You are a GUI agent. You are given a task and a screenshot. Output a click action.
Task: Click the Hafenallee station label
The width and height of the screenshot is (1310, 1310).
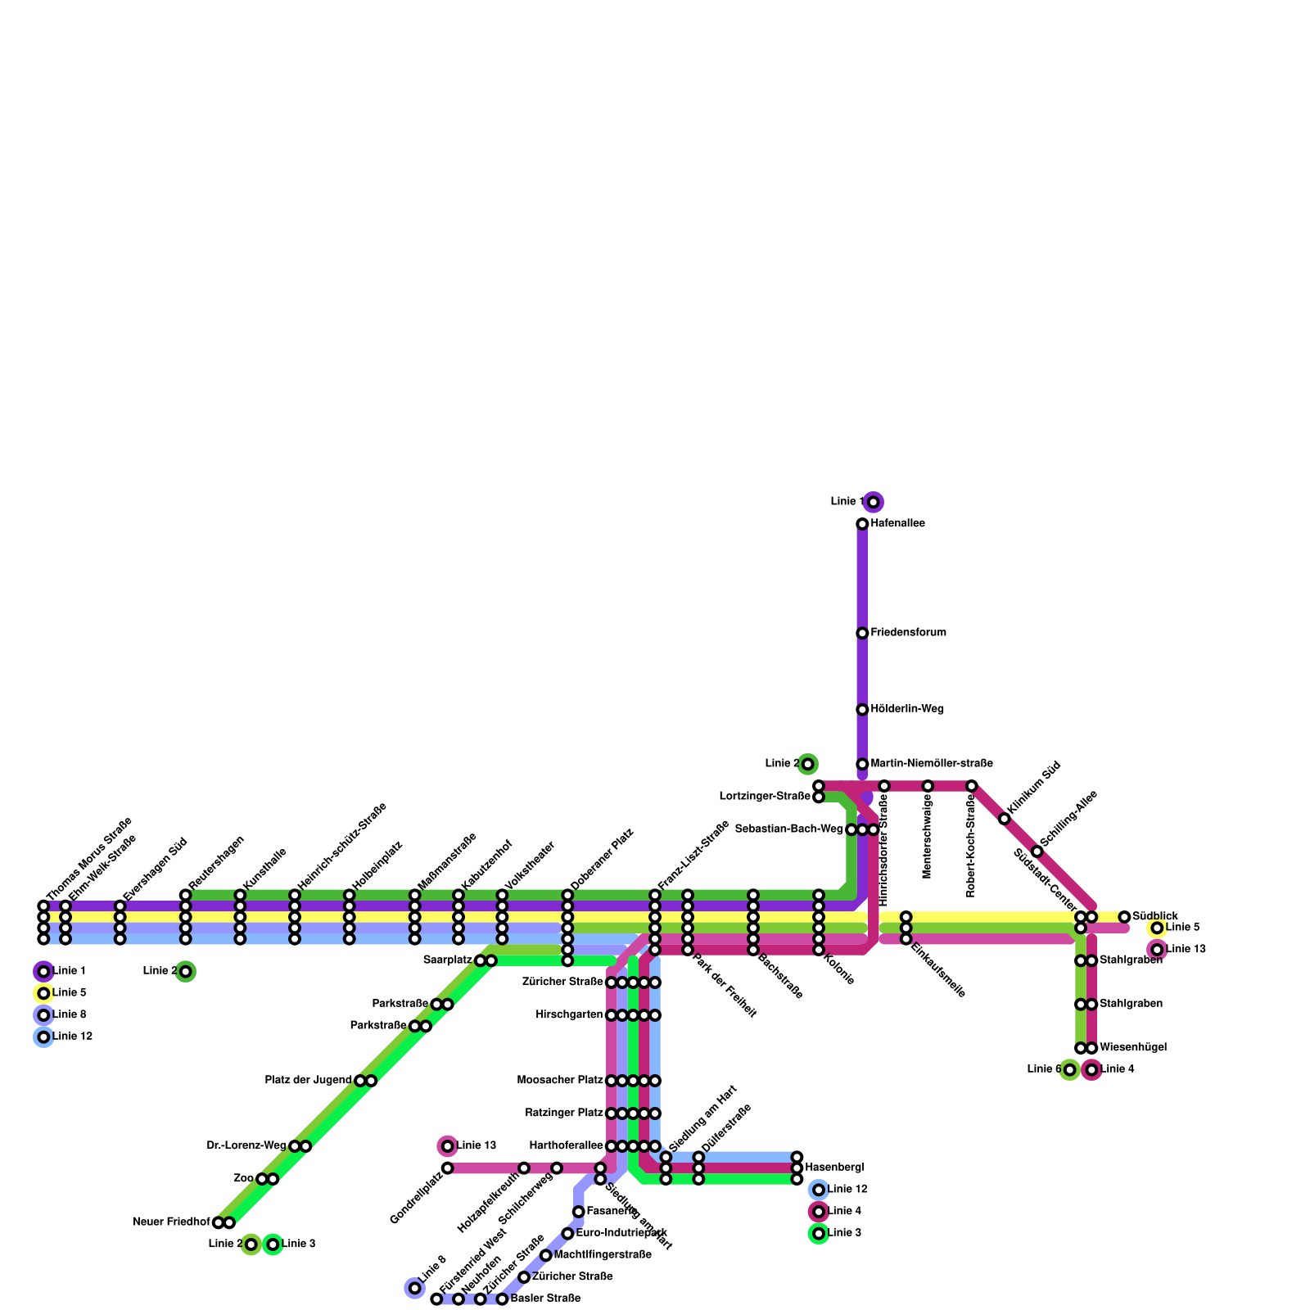coord(897,523)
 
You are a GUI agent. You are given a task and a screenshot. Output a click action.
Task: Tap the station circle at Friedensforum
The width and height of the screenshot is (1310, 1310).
coord(862,633)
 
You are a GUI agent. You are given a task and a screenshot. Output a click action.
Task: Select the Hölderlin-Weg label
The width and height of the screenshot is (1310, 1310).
coord(907,709)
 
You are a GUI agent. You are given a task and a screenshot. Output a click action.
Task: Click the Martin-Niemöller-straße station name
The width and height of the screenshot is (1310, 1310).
coord(931,764)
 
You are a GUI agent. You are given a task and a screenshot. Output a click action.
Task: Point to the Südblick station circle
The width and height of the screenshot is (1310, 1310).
coord(1124,917)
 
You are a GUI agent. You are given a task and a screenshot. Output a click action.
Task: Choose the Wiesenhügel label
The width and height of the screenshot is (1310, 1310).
coord(1132,1047)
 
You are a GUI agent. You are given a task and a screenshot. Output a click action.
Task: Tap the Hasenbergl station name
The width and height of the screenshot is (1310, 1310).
coord(834,1168)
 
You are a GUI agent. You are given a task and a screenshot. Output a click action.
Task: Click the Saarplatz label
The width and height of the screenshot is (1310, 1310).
coord(448,960)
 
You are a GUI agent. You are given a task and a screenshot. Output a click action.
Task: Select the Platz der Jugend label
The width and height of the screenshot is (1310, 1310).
coord(308,1080)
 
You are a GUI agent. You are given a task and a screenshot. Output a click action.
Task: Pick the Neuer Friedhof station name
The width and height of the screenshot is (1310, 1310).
coord(171,1222)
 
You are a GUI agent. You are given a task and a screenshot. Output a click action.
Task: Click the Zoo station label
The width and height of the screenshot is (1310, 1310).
coord(243,1178)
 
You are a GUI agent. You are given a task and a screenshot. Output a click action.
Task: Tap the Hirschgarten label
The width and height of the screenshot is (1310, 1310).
coord(569,1015)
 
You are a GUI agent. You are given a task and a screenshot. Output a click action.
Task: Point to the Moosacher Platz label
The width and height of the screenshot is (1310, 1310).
coord(560,1081)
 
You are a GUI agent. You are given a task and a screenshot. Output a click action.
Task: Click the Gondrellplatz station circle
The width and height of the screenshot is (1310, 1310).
coord(447,1168)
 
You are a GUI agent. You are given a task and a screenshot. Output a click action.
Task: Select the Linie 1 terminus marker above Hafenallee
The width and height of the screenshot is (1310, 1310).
coord(874,502)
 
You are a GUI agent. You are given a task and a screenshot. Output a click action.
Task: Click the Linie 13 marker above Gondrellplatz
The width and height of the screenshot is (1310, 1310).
coord(447,1145)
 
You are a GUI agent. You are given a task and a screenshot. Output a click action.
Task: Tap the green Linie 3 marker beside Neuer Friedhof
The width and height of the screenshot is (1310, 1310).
coord(273,1244)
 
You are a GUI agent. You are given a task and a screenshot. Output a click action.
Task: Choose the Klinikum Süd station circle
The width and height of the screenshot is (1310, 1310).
coord(1005,819)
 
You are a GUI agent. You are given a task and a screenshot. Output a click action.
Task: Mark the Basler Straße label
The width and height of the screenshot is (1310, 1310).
coord(545,1299)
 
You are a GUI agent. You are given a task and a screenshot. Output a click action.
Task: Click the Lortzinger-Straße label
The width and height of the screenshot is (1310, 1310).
coord(765,796)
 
